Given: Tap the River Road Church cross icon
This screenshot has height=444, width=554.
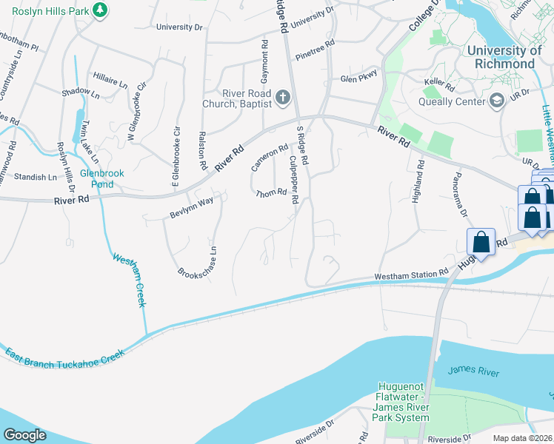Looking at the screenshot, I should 282,97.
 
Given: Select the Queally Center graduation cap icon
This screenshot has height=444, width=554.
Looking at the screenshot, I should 497,100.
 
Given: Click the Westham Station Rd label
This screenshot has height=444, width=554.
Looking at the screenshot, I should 412,275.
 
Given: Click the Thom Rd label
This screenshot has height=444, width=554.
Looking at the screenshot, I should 270,194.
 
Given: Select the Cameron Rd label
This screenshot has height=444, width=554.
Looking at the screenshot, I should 269,156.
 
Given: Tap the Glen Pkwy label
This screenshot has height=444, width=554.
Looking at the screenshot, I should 358,75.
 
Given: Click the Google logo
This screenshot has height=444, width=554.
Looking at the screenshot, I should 24,435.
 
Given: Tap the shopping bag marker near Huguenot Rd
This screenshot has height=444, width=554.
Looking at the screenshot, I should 481,241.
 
